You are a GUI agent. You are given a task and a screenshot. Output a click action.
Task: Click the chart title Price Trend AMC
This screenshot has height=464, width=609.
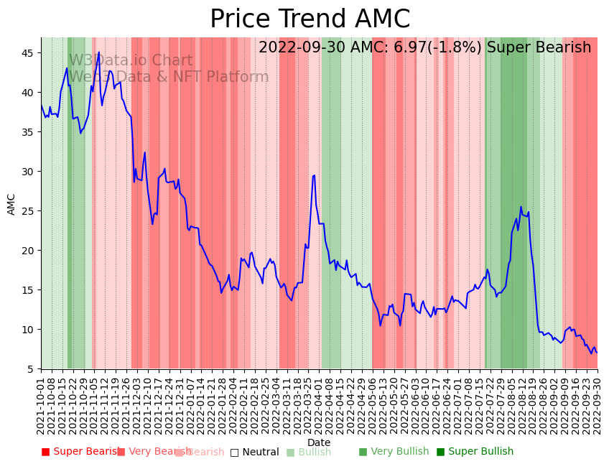point(310,19)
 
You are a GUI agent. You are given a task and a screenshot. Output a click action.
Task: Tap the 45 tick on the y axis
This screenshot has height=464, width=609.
point(31,53)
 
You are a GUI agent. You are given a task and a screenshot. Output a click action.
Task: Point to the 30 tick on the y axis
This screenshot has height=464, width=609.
point(31,172)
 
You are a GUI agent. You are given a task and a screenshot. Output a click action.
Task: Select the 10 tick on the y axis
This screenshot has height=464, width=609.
point(31,330)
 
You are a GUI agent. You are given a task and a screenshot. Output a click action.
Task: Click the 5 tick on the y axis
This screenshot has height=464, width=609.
point(34,369)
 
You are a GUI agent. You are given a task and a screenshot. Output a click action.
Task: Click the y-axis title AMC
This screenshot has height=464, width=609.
point(11,204)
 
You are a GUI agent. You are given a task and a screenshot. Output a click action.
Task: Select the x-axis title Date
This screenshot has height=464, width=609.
point(319,442)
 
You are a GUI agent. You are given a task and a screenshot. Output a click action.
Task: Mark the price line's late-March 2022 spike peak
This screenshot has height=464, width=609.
point(314,175)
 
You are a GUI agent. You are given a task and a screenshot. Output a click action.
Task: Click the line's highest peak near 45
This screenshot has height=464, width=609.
point(99,52)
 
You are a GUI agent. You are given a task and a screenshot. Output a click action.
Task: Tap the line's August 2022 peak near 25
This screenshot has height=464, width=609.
point(521,208)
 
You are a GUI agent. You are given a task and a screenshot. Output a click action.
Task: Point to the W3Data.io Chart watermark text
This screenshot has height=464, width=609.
point(131,61)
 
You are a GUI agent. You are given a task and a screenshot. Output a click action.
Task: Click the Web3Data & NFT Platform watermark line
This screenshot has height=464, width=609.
point(169,77)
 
